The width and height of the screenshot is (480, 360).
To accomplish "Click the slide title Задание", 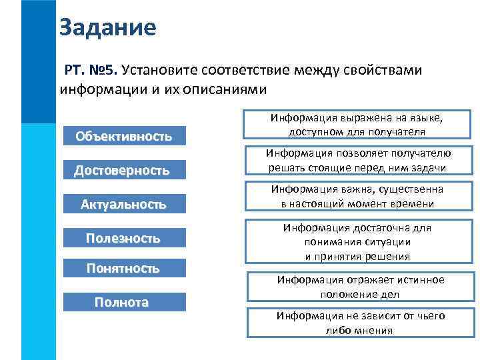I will pyautogui.click(x=107, y=27).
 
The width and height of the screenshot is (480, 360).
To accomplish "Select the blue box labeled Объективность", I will pyautogui.click(x=123, y=137).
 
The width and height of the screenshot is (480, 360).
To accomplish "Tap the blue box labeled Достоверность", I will pyautogui.click(x=121, y=171).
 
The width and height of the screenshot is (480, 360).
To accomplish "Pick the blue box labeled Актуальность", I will pyautogui.click(x=123, y=204).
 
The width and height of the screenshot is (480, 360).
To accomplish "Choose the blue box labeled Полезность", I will pyautogui.click(x=123, y=238).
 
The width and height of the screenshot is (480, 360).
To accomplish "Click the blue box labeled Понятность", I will pyautogui.click(x=123, y=269).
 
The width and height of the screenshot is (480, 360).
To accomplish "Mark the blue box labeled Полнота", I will pyautogui.click(x=121, y=303).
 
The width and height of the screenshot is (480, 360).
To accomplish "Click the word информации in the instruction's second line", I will pyautogui.click(x=98, y=89).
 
